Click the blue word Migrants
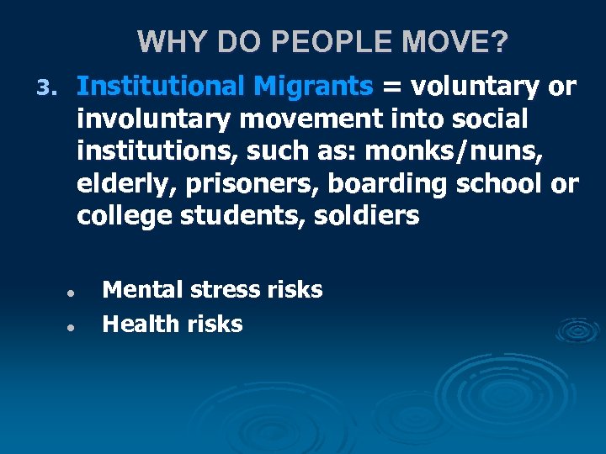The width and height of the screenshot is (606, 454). point(314,86)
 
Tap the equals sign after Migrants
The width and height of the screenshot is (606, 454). point(392,87)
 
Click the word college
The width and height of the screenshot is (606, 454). point(125,217)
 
